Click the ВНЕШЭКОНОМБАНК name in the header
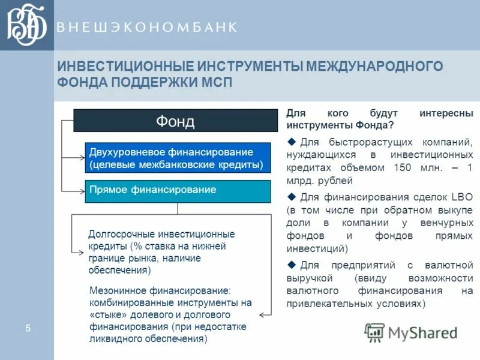click(x=147, y=27)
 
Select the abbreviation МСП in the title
click(x=214, y=82)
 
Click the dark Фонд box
click(x=175, y=121)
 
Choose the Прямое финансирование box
click(x=177, y=190)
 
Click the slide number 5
click(x=28, y=328)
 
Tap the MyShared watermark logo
click(x=412, y=332)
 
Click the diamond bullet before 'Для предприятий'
click(x=292, y=264)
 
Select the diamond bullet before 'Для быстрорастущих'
click(x=292, y=141)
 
